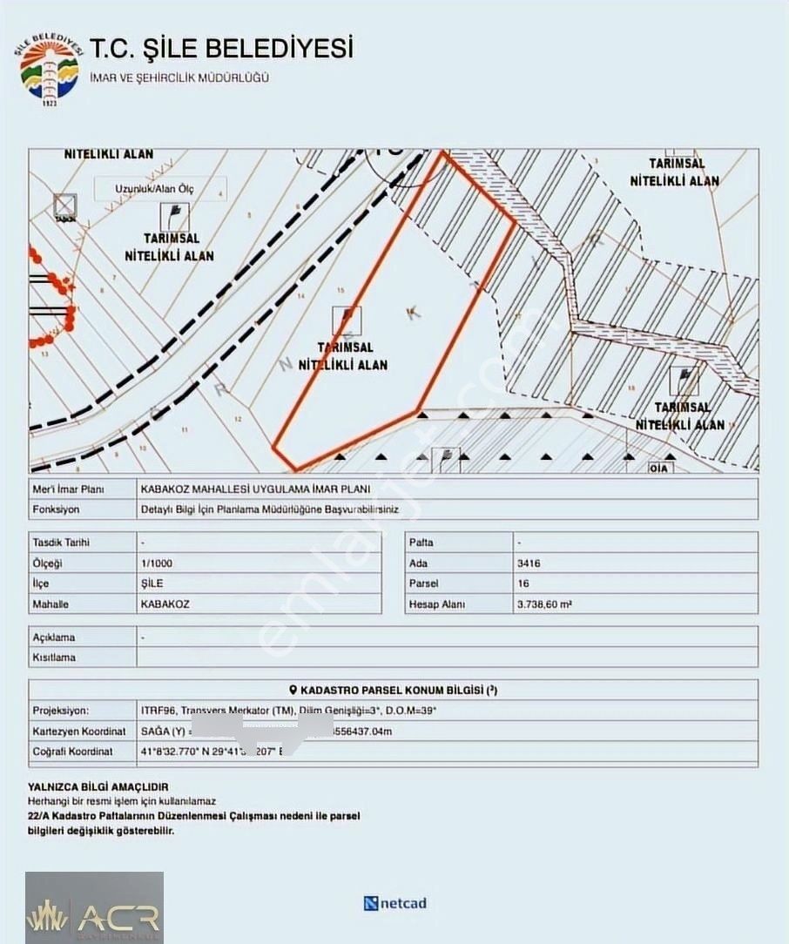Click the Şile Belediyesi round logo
pyautogui.click(x=49, y=69)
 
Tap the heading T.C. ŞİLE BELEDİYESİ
pyautogui.click(x=221, y=47)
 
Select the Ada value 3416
pyautogui.click(x=528, y=563)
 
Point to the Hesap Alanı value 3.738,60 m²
pyautogui.click(x=544, y=603)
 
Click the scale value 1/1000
pyautogui.click(x=156, y=563)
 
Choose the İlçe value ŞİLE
pyautogui.click(x=152, y=583)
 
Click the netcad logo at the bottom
pyautogui.click(x=395, y=903)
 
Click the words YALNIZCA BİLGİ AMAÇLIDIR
pyautogui.click(x=98, y=786)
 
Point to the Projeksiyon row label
pyautogui.click(x=60, y=711)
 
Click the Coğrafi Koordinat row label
pyautogui.click(x=72, y=751)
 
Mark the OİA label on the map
pyautogui.click(x=661, y=468)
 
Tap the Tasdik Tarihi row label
pyautogui.click(x=61, y=543)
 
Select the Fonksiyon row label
pyautogui.click(x=56, y=510)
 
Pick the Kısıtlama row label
pyautogui.click(x=54, y=657)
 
